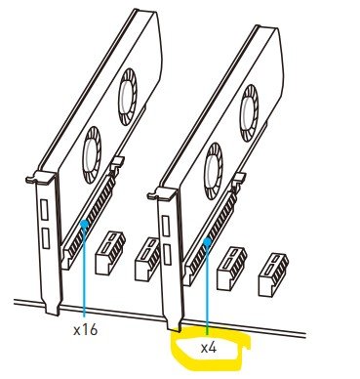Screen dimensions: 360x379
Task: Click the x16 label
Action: (85, 330)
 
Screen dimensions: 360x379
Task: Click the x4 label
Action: (209, 348)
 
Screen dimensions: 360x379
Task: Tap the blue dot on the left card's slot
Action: (84, 224)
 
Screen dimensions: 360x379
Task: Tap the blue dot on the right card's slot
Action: (207, 241)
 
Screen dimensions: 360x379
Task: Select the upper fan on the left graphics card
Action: (128, 97)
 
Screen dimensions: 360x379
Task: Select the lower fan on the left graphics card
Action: (92, 155)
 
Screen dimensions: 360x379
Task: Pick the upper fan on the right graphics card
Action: (249, 113)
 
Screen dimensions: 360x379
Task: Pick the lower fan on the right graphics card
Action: (214, 172)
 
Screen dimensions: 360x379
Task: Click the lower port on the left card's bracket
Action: (46, 238)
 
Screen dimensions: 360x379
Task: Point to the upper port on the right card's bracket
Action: (166, 227)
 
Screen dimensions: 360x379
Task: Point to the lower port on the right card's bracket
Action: (167, 254)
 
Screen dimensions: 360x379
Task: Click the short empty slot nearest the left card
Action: (110, 253)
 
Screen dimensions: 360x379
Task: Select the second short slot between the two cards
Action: (148, 259)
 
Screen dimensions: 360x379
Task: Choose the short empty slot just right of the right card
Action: (232, 269)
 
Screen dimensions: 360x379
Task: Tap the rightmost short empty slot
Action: (273, 275)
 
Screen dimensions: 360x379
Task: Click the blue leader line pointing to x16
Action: (84, 272)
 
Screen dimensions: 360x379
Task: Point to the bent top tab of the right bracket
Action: (162, 193)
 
